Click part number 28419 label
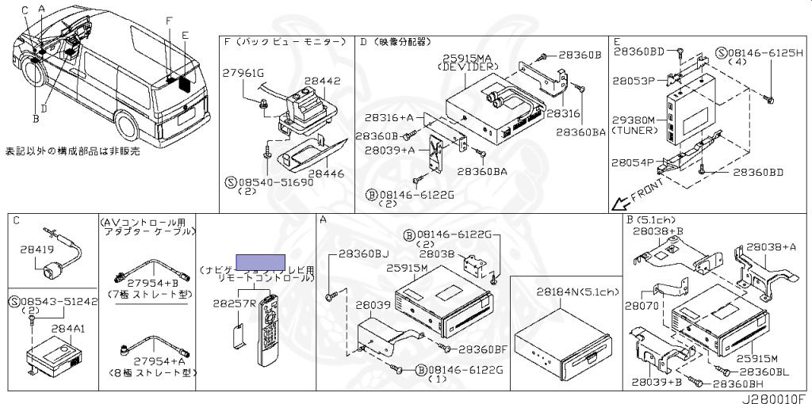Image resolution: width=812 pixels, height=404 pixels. click(36, 250)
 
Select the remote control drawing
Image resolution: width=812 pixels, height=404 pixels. click(268, 329)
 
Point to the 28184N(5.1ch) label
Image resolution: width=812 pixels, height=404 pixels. click(577, 292)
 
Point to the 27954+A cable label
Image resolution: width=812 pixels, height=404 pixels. click(150, 358)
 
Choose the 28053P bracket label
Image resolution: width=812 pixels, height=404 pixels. click(632, 81)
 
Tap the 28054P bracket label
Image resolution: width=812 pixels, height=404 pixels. click(632, 162)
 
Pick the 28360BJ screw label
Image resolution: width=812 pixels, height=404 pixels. click(364, 253)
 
